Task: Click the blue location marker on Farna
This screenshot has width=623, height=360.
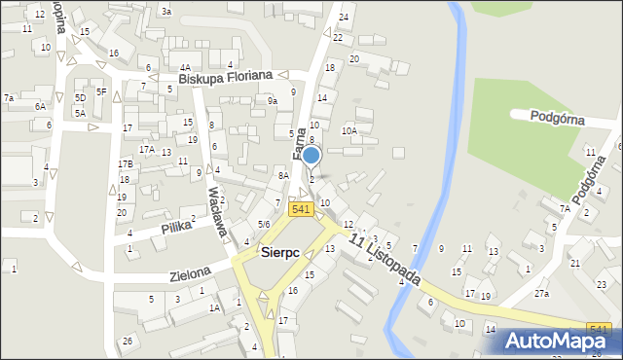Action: pyautogui.click(x=311, y=155)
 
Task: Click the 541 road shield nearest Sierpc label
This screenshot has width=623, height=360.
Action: pyautogui.click(x=300, y=209)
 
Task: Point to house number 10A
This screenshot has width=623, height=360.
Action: pyautogui.click(x=349, y=130)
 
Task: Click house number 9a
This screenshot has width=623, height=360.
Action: pyautogui.click(x=273, y=100)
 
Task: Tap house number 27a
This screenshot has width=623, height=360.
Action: pyautogui.click(x=541, y=293)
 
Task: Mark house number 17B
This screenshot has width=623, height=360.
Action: pyautogui.click(x=126, y=163)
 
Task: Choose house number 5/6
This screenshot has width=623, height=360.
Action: pyautogui.click(x=264, y=225)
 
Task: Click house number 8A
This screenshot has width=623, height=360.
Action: pyautogui.click(x=283, y=175)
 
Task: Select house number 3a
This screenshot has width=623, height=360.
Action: pyautogui.click(x=166, y=11)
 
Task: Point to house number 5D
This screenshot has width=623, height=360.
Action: pyautogui.click(x=81, y=98)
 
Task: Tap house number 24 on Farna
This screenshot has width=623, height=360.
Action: pyautogui.click(x=343, y=18)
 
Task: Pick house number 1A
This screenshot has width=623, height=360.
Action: pyautogui.click(x=214, y=307)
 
